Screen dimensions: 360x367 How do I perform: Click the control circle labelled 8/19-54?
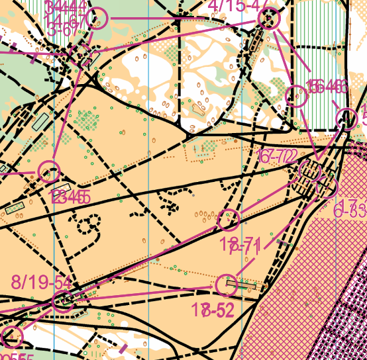[x=64, y=301]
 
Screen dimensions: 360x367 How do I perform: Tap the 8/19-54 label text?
[x=40, y=282]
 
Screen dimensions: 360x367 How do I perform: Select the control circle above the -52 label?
[x=227, y=285]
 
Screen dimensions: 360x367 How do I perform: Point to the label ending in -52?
[x=213, y=310]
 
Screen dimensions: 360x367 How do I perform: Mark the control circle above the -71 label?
[x=229, y=218]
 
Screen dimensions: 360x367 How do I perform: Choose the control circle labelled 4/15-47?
[x=270, y=20]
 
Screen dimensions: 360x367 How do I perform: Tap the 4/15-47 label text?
[x=238, y=5]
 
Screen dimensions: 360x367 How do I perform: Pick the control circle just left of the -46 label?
[x=297, y=97]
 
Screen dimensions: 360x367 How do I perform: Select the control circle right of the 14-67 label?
[x=97, y=19]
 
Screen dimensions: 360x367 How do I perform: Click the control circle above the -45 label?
[x=48, y=172]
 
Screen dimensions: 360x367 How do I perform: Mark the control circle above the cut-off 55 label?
[x=12, y=336]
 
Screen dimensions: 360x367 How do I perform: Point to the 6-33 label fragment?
[x=351, y=211]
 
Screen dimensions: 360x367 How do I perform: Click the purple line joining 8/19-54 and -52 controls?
[x=146, y=293]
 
